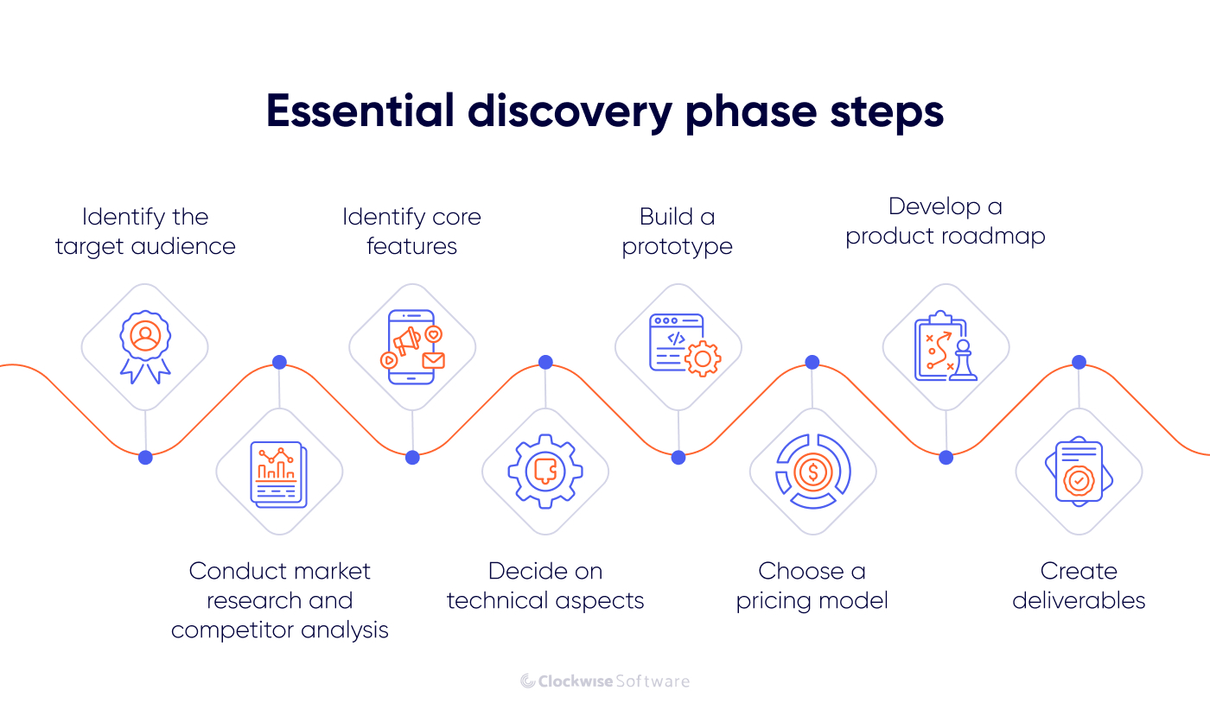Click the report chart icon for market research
click(x=278, y=472)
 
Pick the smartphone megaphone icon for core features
click(x=412, y=346)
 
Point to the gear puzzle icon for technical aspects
click(x=545, y=472)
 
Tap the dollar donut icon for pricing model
click(x=812, y=472)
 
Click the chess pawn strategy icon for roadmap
click(x=946, y=346)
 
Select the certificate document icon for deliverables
click(x=1079, y=472)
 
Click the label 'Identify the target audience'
click(x=145, y=231)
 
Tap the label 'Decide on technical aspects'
click(x=545, y=586)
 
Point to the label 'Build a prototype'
click(x=678, y=231)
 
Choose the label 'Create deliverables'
click(x=1079, y=586)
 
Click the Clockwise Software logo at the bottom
click(x=605, y=681)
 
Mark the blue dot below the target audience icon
click(x=145, y=458)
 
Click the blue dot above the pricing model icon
click(x=812, y=363)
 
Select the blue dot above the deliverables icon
click(x=1079, y=363)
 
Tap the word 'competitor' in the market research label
click(x=226, y=630)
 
